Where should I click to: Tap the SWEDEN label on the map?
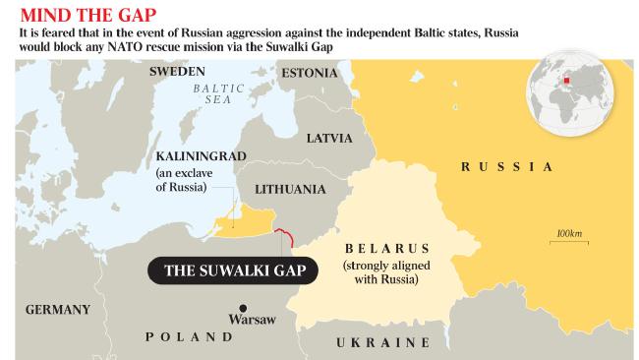(177, 72)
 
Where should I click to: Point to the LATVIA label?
(329, 138)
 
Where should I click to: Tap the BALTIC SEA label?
(211, 93)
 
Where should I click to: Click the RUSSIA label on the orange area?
(506, 167)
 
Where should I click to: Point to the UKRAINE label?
(383, 342)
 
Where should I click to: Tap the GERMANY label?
(58, 309)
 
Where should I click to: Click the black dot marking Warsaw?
(243, 305)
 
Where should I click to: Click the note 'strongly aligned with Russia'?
(379, 272)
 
